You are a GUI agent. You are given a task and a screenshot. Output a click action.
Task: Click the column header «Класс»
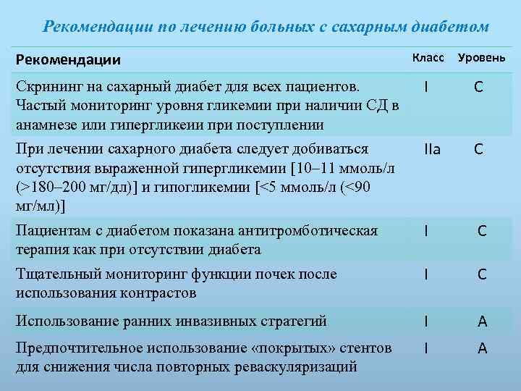tap(429, 56)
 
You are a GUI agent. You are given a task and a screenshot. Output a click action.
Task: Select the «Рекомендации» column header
tap(68, 59)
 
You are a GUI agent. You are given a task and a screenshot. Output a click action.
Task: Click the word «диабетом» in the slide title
tap(452, 27)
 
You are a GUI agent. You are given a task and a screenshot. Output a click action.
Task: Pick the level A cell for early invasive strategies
tap(481, 321)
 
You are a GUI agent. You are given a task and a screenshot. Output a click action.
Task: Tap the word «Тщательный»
tap(55, 274)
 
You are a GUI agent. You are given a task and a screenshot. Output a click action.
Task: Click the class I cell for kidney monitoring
tap(428, 275)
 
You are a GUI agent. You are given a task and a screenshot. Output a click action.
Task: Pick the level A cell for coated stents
tap(481, 349)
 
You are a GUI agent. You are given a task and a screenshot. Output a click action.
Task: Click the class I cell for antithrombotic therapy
tap(428, 232)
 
